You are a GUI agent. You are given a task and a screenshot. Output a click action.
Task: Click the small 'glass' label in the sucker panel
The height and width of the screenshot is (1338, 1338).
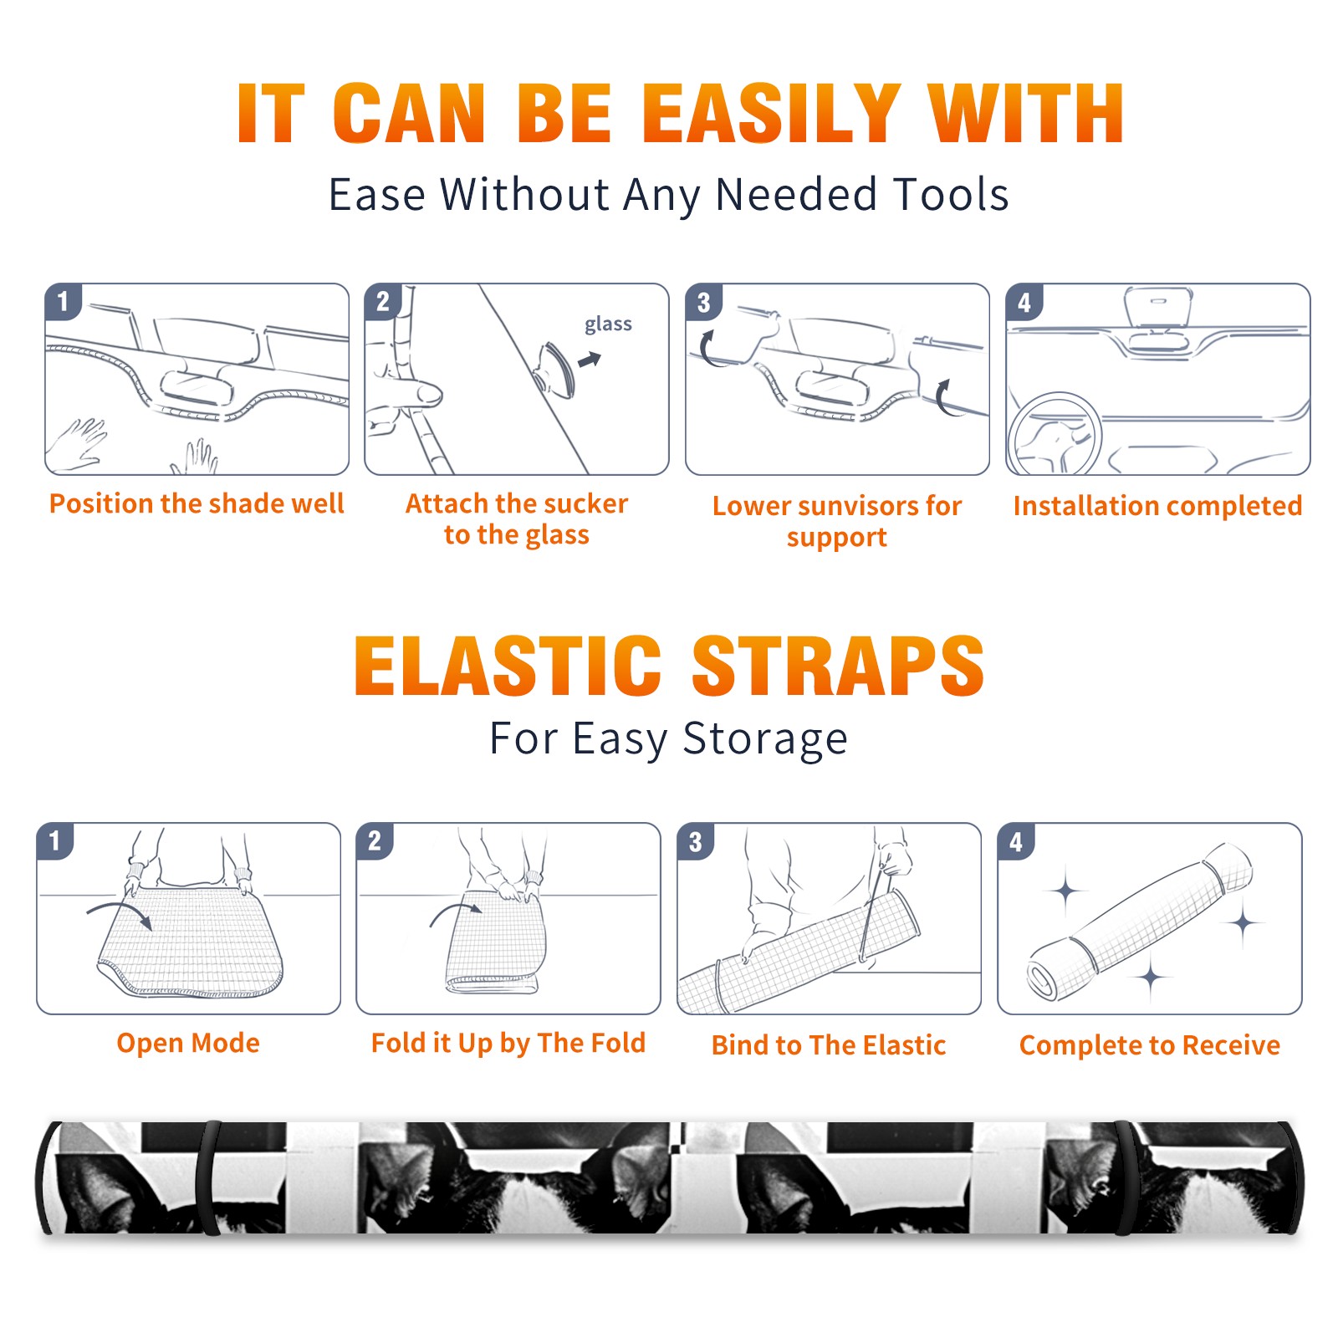click(608, 324)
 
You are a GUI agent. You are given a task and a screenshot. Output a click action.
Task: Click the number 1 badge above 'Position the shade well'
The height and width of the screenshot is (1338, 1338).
click(63, 301)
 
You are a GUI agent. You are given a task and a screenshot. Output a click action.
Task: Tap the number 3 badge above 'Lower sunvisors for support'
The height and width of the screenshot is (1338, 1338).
click(703, 302)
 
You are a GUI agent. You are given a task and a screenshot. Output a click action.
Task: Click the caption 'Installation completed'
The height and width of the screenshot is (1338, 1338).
click(1157, 506)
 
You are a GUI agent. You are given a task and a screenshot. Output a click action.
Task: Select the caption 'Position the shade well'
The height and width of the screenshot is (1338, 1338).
click(197, 503)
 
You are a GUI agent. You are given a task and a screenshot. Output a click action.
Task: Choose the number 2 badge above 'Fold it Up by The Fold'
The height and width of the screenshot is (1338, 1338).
click(374, 840)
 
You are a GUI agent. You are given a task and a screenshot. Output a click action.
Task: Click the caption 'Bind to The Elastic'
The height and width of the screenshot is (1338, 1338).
click(829, 1045)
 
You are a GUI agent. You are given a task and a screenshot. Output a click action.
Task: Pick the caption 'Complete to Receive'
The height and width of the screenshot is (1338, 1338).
click(1150, 1045)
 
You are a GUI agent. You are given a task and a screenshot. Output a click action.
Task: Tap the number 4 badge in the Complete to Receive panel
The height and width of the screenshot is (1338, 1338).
click(1016, 841)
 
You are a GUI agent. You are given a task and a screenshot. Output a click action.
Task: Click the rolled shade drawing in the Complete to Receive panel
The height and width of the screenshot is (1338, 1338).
click(1140, 922)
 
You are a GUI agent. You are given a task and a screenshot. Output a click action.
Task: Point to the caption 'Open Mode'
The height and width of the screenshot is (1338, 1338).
click(188, 1043)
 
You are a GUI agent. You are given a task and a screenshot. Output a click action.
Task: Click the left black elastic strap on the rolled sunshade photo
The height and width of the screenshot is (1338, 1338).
click(208, 1178)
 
